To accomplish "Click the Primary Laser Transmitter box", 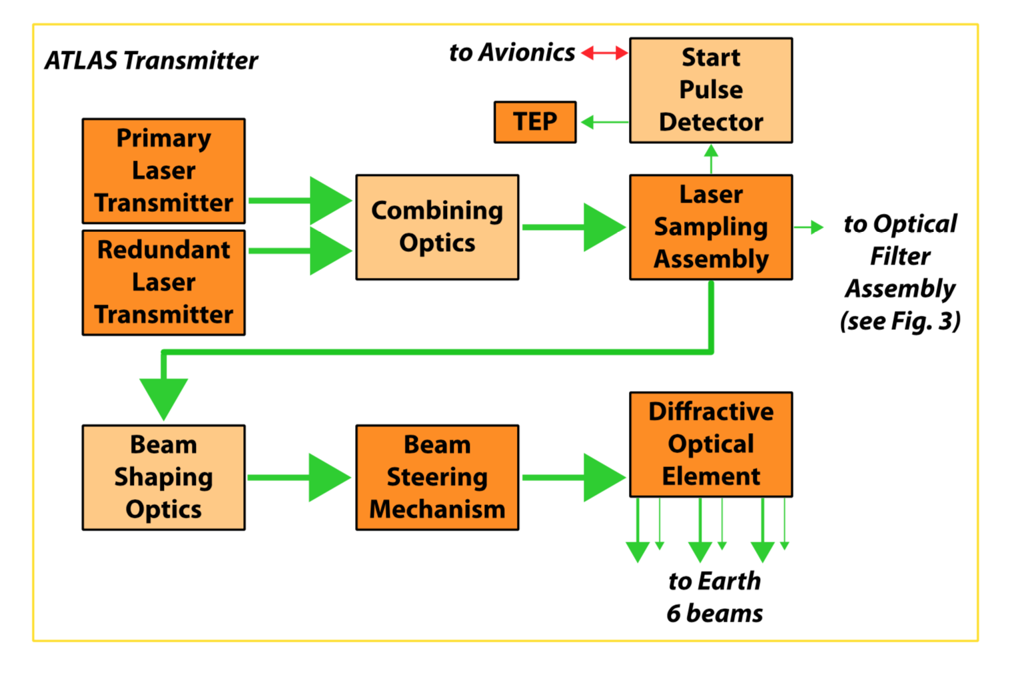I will [163, 171].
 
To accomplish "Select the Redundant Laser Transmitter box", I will [163, 282].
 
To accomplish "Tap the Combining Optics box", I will [437, 227].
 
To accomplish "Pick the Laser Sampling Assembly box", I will [711, 227].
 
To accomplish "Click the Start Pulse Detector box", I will [711, 90].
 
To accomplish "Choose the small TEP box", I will [535, 122].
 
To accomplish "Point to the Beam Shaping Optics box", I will [163, 477].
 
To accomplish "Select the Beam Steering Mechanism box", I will [437, 477].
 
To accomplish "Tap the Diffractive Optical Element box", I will [711, 444].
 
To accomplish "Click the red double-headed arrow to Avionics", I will [604, 53].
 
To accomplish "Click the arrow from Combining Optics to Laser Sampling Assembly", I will [573, 227].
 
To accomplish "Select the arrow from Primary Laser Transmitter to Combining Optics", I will [300, 200].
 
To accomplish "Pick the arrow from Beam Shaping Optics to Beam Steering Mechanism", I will [300, 477].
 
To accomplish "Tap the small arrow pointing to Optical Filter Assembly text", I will [809, 227].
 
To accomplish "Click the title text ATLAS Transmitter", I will [151, 61].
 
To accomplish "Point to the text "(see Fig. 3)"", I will [900, 321].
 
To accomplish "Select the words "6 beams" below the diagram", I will [714, 613].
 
